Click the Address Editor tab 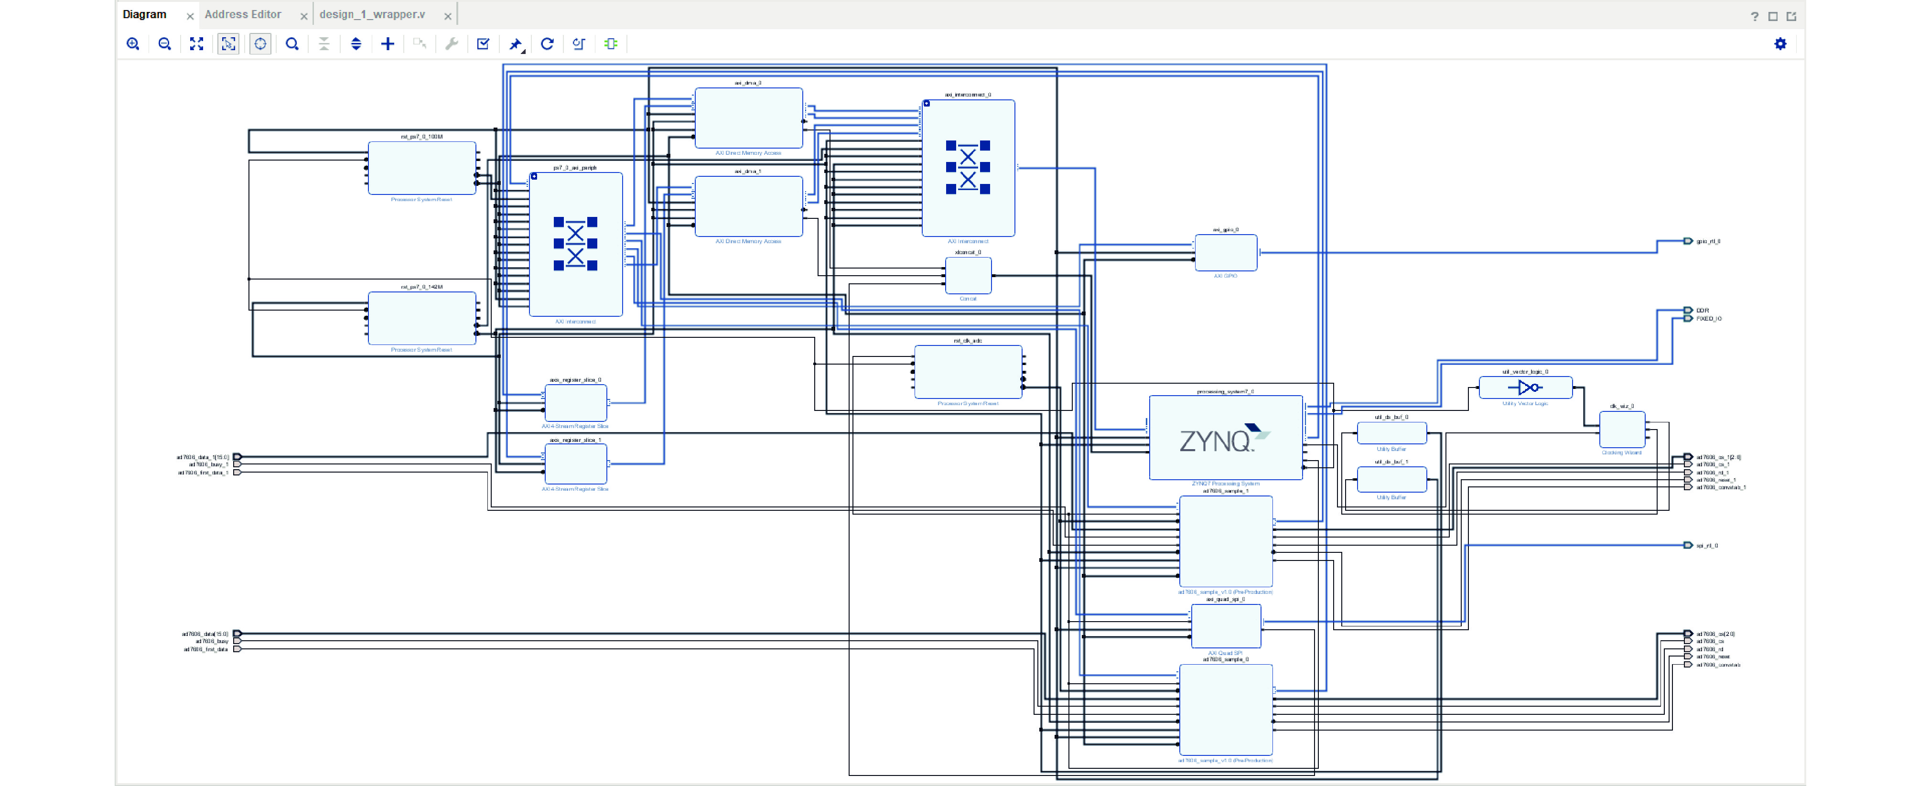[x=243, y=14]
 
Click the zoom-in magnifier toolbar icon [x=133, y=44]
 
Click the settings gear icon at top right [x=1779, y=44]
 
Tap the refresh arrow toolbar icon [x=547, y=44]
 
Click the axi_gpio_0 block [x=1226, y=253]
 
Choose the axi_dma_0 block [x=748, y=118]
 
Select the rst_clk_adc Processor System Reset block [x=968, y=372]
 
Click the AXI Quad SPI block [x=1226, y=626]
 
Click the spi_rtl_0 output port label [x=1707, y=545]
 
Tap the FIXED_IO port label [x=1709, y=319]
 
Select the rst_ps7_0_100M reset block [x=421, y=168]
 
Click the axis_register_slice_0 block [x=575, y=403]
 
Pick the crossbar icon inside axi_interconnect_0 [x=968, y=167]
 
